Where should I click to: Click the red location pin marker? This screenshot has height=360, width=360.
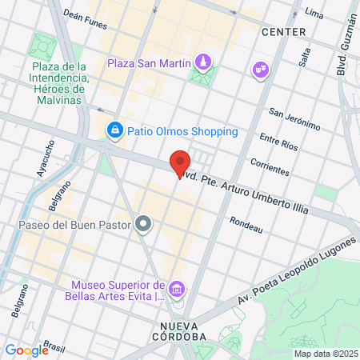180,162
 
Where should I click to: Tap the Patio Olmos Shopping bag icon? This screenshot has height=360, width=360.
115,130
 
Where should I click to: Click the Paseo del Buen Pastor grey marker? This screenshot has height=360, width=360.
144,223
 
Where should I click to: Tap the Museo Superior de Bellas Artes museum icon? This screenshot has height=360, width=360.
178,288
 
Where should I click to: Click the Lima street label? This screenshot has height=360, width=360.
314,14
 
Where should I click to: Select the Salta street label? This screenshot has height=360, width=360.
303,57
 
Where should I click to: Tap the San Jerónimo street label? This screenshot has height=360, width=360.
294,119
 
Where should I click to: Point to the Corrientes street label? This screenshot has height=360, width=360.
269,166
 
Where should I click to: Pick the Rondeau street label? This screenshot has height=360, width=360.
246,225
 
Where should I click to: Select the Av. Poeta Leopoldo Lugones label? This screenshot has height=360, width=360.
295,271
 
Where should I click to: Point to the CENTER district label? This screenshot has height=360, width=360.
283,32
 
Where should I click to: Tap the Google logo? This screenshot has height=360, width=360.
26,350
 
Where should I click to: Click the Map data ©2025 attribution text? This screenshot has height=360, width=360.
324,354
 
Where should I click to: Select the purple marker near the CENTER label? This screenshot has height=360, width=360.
259,70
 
